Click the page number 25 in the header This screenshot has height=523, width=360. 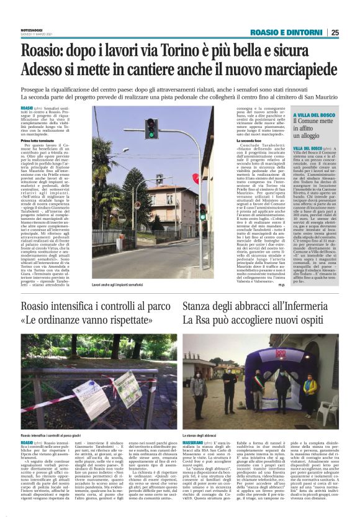(x=335, y=33)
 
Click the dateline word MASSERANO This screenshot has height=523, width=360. (x=197, y=443)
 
